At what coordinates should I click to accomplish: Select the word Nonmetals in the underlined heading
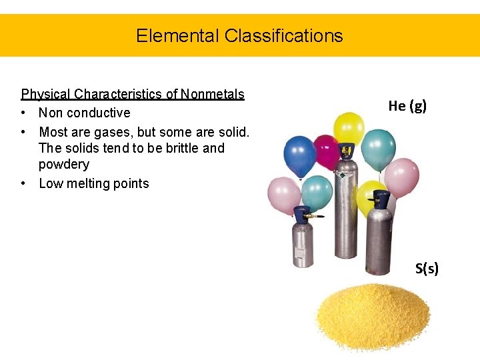click(x=213, y=94)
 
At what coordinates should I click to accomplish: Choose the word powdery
click(x=64, y=164)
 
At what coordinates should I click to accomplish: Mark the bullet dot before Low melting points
click(x=24, y=183)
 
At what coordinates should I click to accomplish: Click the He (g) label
click(x=407, y=105)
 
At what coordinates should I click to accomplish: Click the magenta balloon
click(x=326, y=152)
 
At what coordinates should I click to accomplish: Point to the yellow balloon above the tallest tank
click(x=349, y=129)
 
